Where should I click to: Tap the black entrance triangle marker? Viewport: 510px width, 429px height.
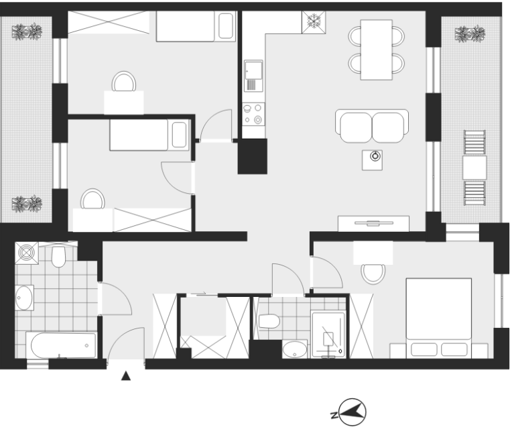pos(126,376)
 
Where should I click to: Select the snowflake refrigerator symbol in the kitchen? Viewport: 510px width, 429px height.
pos(314,22)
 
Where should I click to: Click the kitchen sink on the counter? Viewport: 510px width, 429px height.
pos(253,76)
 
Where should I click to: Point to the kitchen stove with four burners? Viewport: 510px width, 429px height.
pos(253,114)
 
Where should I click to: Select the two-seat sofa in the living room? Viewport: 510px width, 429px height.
pos(372,126)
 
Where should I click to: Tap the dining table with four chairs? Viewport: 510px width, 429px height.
pos(377,50)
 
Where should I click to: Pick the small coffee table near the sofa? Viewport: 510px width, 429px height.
pos(373,160)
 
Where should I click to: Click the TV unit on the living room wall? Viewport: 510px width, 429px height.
pos(373,223)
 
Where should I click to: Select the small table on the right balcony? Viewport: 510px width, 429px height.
pos(474,168)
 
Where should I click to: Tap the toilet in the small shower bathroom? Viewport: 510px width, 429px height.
pos(269,321)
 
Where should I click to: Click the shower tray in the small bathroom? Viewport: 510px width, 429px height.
pos(328,335)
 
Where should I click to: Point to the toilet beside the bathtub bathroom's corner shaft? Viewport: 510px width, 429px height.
pos(58,257)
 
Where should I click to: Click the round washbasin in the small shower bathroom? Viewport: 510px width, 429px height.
pos(295,350)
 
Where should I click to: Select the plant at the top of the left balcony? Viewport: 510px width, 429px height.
pos(27,32)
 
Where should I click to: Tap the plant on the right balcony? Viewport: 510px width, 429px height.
pos(470,34)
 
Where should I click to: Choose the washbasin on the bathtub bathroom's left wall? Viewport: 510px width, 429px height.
pos(24,298)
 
